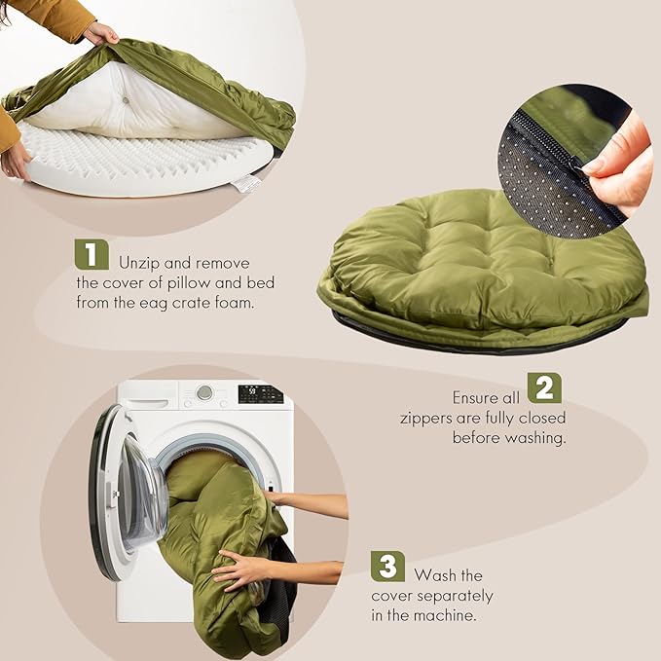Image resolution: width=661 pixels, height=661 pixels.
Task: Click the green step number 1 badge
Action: click(x=92, y=255)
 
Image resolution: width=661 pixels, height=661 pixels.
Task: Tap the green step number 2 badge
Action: click(x=545, y=387)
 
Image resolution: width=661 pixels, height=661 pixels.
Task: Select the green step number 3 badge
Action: click(x=387, y=566)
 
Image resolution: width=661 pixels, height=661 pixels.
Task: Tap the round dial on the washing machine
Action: click(x=204, y=392)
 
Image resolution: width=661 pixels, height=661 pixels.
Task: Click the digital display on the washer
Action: click(x=260, y=394)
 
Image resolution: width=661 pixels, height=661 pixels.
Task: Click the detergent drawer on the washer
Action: click(x=148, y=393)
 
